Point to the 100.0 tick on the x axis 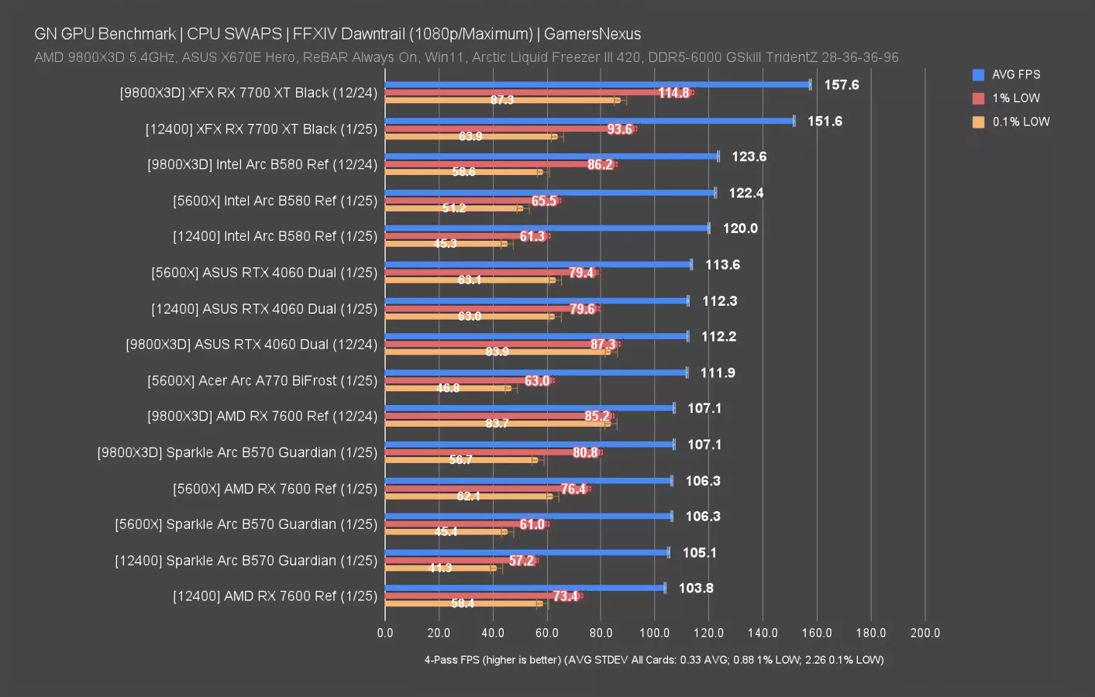[654, 633]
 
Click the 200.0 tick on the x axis [925, 633]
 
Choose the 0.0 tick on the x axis [385, 633]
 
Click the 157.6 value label [842, 84]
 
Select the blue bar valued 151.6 [589, 121]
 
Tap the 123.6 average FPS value [749, 156]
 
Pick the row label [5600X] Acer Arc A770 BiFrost [262, 380]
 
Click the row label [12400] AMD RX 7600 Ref [275, 596]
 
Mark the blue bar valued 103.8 [525, 588]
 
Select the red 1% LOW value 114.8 [673, 93]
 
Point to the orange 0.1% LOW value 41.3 [440, 568]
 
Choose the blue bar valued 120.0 [546, 228]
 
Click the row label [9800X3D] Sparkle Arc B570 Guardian [237, 452]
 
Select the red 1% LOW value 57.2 [522, 561]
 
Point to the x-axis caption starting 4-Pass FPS [653, 660]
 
